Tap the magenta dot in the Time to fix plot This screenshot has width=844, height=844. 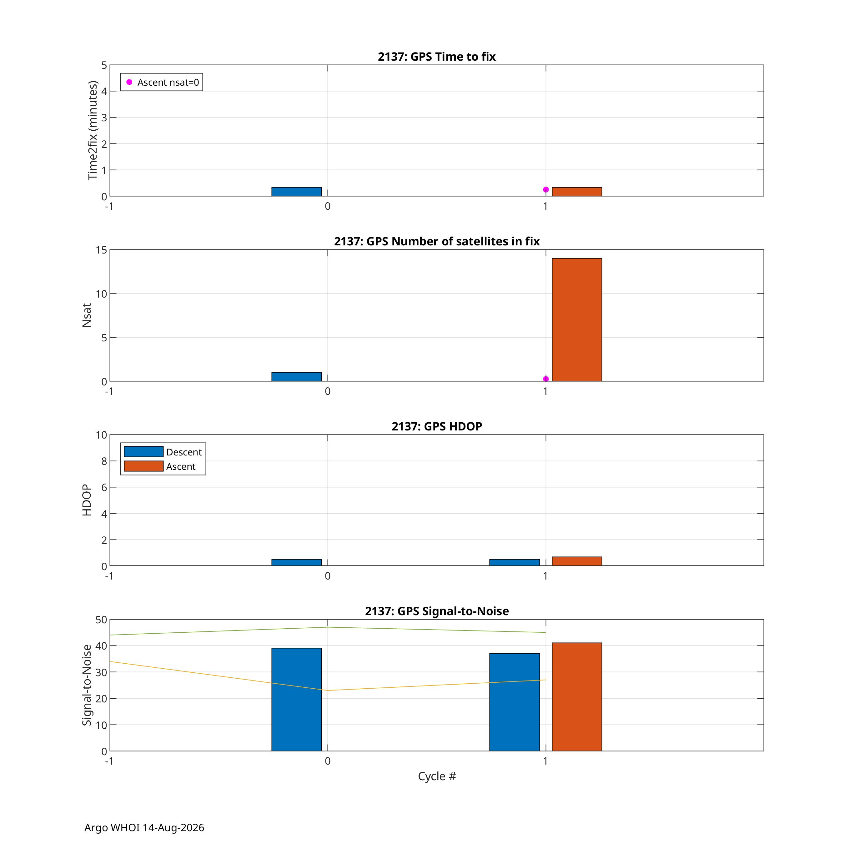[545, 190]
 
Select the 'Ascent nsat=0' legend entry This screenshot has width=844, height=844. [162, 82]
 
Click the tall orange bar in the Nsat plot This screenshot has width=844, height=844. [577, 320]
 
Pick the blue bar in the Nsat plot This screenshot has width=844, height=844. [297, 377]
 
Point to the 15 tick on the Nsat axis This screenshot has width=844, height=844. [101, 250]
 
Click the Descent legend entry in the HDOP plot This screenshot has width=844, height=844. [163, 452]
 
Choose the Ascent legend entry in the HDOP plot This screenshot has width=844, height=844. [160, 466]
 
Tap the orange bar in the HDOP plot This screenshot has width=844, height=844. [577, 561]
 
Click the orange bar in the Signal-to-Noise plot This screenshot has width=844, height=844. [577, 697]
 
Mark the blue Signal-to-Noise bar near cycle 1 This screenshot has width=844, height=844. [515, 702]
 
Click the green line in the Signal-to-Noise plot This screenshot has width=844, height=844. [328, 627]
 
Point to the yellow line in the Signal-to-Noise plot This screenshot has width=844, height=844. [328, 691]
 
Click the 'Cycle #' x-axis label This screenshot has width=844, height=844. [437, 776]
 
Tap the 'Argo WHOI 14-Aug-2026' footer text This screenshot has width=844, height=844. [144, 827]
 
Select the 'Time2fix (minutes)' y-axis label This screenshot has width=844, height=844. [92, 130]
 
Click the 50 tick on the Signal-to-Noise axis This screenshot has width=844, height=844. [101, 620]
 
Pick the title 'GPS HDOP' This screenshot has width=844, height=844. [437, 426]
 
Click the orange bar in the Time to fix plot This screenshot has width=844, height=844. [577, 192]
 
